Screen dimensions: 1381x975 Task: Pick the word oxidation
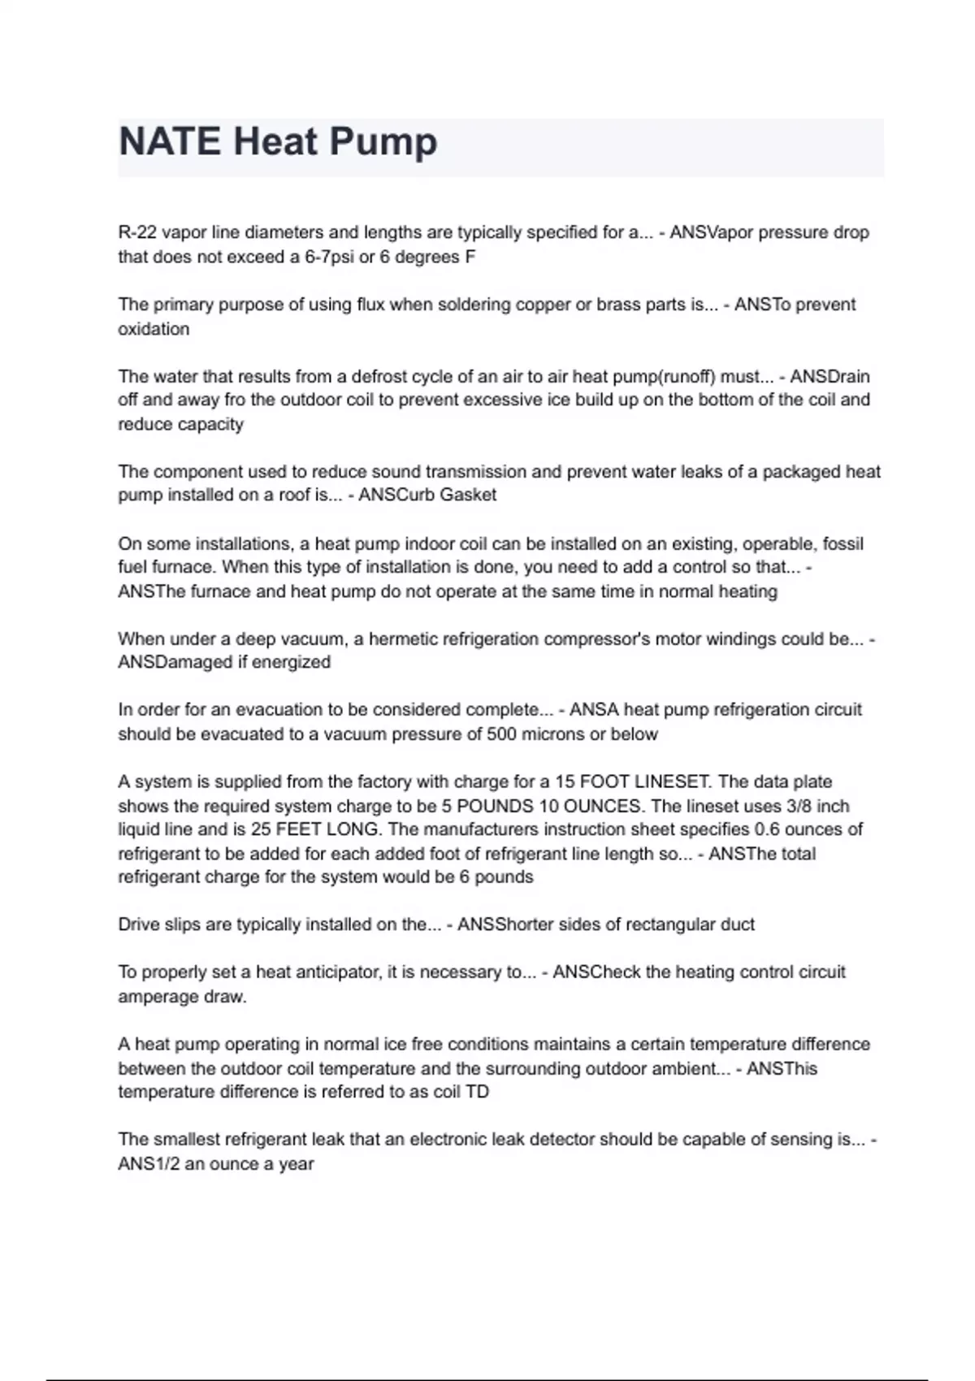[x=154, y=329]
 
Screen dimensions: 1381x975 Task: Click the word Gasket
[x=470, y=495]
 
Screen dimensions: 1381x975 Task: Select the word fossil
[x=843, y=543]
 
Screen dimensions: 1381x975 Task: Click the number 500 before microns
[x=501, y=734]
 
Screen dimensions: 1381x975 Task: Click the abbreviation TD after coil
[x=477, y=1092]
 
